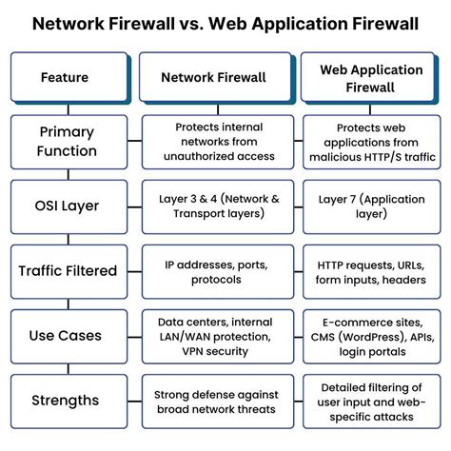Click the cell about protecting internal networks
point(212,141)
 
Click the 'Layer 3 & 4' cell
point(212,206)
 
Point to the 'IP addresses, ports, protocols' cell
point(212,270)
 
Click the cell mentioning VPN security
point(212,335)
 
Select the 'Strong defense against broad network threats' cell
point(212,400)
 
